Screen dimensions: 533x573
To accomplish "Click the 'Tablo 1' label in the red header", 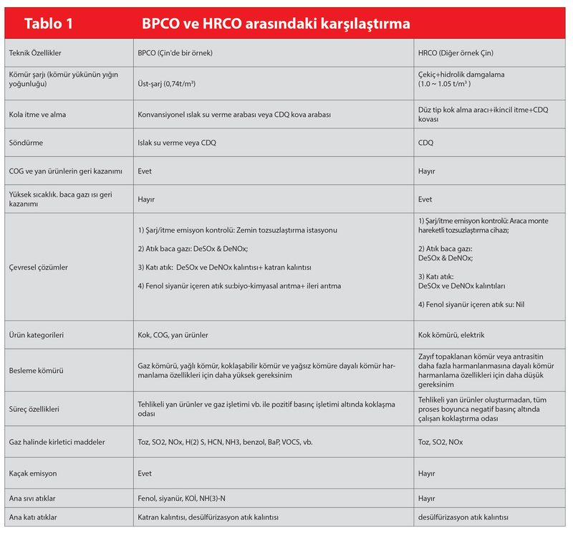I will click(x=49, y=24).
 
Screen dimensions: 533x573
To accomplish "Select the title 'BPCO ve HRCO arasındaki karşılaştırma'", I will click(x=276, y=24).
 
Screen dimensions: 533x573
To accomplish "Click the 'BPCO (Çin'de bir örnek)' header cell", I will click(x=175, y=54).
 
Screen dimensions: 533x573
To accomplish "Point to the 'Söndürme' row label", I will click(x=26, y=143).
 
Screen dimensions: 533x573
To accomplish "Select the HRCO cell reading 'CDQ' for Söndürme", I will click(x=425, y=143).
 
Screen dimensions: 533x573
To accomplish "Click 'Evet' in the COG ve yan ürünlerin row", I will click(x=145, y=171).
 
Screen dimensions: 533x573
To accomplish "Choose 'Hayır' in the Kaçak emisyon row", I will click(x=427, y=474).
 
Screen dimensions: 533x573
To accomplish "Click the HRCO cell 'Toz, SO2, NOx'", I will click(x=440, y=442).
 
